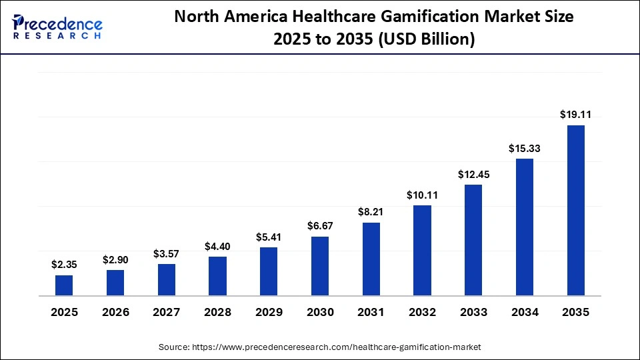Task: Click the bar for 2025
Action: click(x=64, y=285)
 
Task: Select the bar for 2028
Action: click(x=217, y=276)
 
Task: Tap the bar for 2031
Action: click(x=371, y=259)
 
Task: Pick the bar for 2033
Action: click(x=473, y=240)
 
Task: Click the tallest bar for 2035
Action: click(x=575, y=210)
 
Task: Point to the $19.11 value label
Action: click(x=575, y=115)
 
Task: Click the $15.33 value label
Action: click(x=525, y=148)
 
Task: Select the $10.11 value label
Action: click(x=422, y=195)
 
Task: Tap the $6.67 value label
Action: click(x=320, y=226)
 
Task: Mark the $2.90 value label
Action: click(x=115, y=259)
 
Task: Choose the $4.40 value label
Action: click(x=217, y=246)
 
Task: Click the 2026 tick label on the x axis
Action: click(x=115, y=312)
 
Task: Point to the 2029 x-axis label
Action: click(x=269, y=312)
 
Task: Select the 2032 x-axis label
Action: click(x=422, y=312)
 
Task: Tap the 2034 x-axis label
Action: click(x=525, y=312)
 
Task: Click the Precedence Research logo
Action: click(x=57, y=27)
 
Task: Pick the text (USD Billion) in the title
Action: click(x=427, y=39)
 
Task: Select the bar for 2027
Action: click(x=167, y=279)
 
